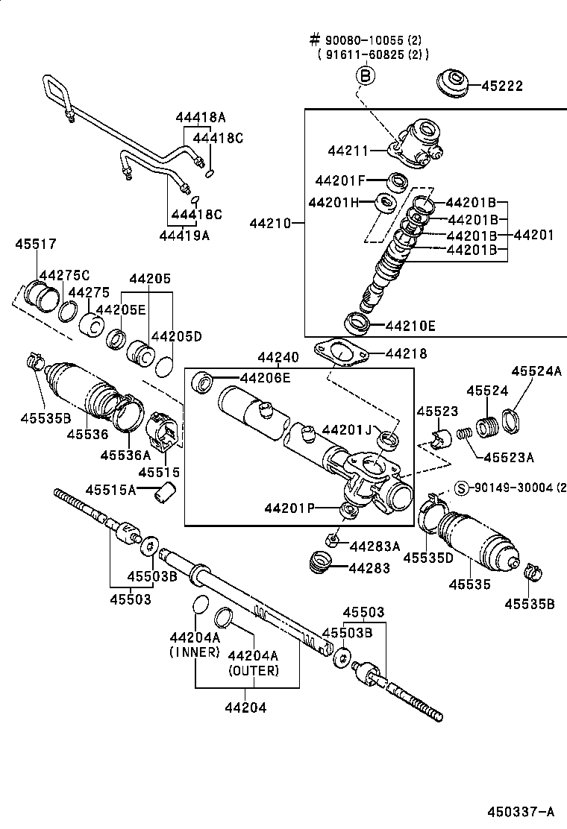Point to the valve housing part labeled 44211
pos(418,145)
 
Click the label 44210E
pos(410,326)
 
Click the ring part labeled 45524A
pos(511,420)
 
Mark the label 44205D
pos(177,336)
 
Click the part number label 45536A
pos(126,456)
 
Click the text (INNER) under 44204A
pos(194,652)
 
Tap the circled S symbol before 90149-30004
pos(461,488)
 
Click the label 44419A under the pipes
pos(184,236)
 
